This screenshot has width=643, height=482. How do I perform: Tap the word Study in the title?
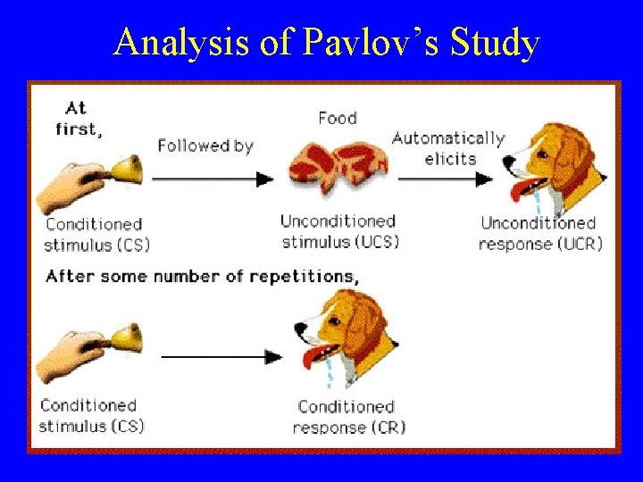pos(497,43)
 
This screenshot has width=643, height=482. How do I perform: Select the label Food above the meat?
pos(337,118)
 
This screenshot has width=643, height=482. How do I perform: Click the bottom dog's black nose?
pos(298,331)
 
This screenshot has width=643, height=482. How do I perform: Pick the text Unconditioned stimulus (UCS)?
pos(338,231)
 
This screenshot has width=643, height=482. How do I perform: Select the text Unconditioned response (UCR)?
pos(539,233)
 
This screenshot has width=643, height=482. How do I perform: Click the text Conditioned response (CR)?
pos(347,417)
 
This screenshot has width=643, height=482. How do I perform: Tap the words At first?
pos(78,118)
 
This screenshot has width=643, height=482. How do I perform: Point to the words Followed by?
pos(205,145)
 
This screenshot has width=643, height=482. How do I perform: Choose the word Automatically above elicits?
pos(448,138)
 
